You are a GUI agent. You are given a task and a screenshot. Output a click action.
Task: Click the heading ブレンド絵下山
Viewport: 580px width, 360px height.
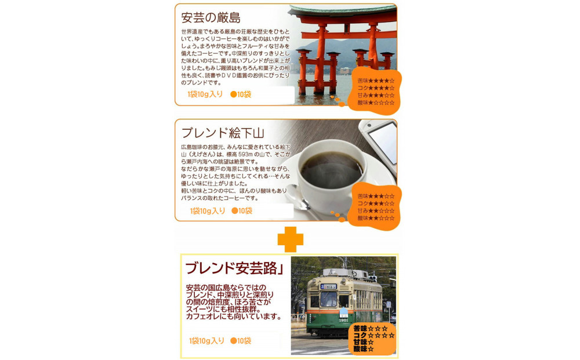click(x=223, y=133)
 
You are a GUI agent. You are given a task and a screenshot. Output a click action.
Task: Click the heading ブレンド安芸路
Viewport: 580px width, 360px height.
click(x=230, y=268)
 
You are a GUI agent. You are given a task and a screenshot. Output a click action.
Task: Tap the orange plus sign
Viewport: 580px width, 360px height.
click(x=290, y=238)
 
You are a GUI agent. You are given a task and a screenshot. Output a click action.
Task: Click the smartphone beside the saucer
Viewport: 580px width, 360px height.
click(x=380, y=145)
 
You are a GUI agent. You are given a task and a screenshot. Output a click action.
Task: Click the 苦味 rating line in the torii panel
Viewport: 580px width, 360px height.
click(x=376, y=81)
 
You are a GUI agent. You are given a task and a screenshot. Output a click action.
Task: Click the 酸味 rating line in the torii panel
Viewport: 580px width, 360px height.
click(x=376, y=103)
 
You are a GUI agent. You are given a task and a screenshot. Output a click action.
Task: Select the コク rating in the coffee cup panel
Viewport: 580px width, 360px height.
click(x=376, y=203)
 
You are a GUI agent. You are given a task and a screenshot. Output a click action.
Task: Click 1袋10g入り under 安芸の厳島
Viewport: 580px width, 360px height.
click(x=205, y=94)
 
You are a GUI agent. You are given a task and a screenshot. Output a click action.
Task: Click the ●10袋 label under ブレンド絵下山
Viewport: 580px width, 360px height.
click(x=242, y=211)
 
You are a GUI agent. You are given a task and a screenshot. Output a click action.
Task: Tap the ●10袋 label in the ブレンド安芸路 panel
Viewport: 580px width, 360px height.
click(x=241, y=341)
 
